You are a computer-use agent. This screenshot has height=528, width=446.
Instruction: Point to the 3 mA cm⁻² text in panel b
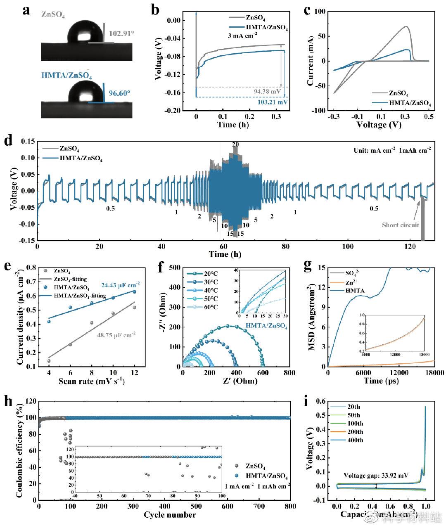243,36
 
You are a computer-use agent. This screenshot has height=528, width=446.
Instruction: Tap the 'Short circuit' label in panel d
400,225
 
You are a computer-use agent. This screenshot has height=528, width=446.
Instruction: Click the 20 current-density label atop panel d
235,144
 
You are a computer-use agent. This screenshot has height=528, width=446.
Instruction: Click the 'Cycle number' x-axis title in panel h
170,515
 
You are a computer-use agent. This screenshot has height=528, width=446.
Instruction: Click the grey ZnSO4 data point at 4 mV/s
49,361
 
